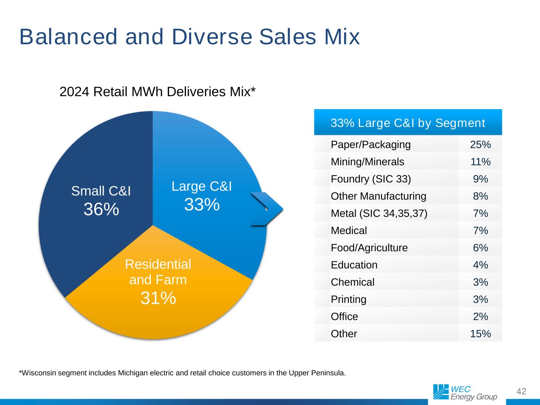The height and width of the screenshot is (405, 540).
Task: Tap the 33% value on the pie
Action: click(202, 204)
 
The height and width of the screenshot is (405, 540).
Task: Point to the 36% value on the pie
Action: click(101, 209)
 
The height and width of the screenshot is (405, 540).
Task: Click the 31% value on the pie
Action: click(158, 298)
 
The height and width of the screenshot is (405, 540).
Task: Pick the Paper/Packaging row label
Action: click(371, 145)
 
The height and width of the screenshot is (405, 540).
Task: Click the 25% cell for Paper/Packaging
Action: click(481, 145)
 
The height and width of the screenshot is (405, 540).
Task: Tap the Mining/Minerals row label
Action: click(367, 162)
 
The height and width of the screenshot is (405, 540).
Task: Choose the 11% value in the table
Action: click(481, 162)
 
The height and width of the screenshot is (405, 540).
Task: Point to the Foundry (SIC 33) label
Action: click(371, 179)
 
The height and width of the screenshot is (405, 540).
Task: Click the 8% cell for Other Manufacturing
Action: click(481, 196)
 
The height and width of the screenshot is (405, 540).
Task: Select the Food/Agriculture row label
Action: click(369, 248)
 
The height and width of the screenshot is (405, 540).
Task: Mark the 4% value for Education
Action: click(481, 265)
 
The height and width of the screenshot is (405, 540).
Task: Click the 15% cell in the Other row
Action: click(481, 334)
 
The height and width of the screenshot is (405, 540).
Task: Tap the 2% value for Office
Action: click(481, 316)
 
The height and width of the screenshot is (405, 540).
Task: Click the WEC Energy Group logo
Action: click(465, 392)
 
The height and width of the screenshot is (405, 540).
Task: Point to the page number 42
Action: click(521, 391)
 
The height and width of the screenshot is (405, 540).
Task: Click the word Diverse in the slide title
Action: click(212, 37)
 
